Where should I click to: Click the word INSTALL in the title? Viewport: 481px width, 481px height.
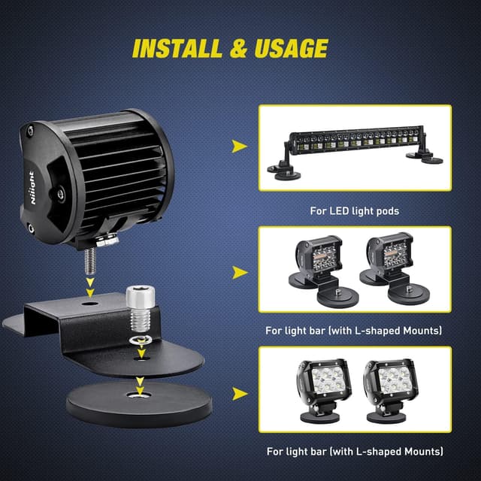pos(176,48)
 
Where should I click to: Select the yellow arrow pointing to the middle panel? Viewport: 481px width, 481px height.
pos(238,271)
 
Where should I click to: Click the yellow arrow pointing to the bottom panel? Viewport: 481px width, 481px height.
pos(238,393)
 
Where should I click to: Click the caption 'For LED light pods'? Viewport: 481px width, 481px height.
pos(355,211)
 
